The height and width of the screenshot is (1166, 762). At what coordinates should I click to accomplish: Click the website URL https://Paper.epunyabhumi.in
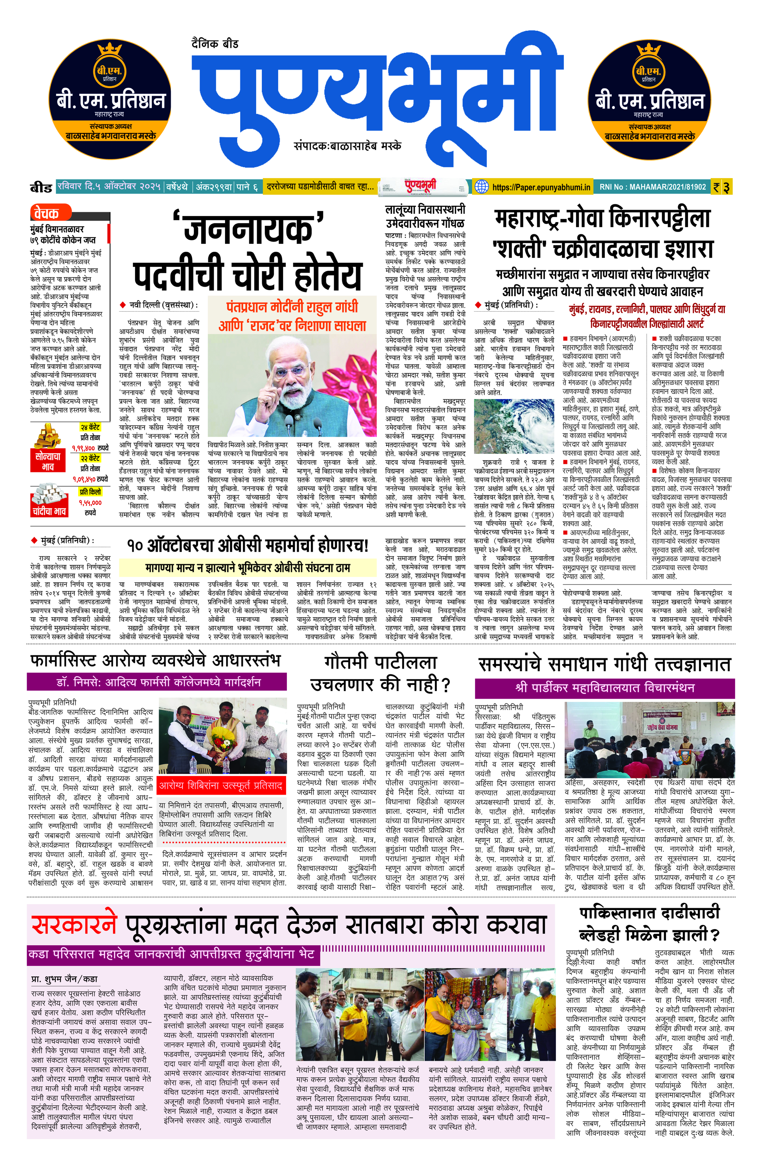pos(541,187)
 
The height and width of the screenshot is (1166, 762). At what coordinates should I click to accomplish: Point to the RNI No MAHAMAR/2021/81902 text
pos(652,187)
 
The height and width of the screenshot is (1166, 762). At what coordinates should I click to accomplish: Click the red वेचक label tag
pos(48,213)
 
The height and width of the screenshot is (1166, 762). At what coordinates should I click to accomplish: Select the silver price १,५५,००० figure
pos(90,502)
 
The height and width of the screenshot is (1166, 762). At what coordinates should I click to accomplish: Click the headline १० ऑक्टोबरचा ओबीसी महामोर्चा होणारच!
pos(247,545)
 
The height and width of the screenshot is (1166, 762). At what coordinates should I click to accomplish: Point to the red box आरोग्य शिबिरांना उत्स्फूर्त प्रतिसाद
pos(221,786)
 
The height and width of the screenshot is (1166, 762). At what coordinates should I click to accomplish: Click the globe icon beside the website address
pos(482,187)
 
